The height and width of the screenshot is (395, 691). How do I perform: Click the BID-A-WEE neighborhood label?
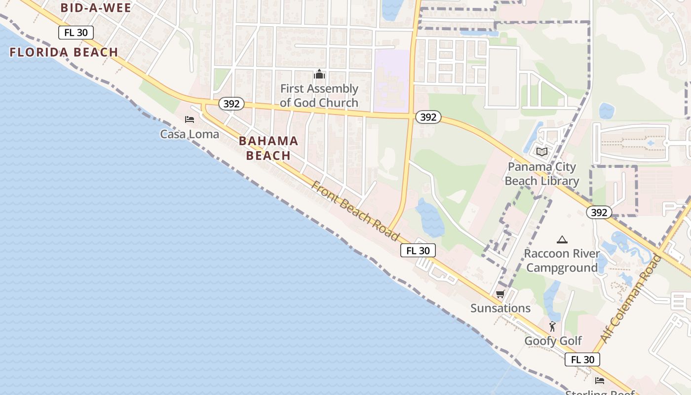point(96,8)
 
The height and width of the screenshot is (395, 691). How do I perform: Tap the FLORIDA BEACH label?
point(64,52)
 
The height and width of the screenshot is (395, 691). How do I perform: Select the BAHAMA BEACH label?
point(269,148)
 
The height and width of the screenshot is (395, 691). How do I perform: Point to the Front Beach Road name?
point(355,211)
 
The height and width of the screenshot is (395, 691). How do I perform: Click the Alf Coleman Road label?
point(630,299)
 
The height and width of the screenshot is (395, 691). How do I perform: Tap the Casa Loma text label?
point(190,134)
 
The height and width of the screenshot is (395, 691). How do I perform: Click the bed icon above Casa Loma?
point(190,119)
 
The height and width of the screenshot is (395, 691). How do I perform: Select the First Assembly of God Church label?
point(319,96)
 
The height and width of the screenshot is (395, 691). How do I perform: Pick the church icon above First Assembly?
point(319,75)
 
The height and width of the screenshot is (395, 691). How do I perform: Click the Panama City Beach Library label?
point(541,174)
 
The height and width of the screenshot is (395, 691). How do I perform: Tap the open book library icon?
point(542,152)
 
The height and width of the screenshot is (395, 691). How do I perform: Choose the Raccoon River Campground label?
point(562,261)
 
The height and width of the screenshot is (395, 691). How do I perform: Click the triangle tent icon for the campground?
point(562,240)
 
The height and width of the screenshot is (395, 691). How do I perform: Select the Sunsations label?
point(500,309)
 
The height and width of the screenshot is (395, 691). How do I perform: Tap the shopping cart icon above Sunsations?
point(500,294)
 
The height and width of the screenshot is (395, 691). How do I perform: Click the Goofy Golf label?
point(553,341)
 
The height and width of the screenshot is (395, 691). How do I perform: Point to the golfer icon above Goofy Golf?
point(552,326)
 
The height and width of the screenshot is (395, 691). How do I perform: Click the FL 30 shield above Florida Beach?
point(76,33)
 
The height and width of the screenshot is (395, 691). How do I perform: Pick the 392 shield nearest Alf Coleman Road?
point(599,212)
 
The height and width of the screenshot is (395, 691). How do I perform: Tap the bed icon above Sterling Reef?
point(600,380)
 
